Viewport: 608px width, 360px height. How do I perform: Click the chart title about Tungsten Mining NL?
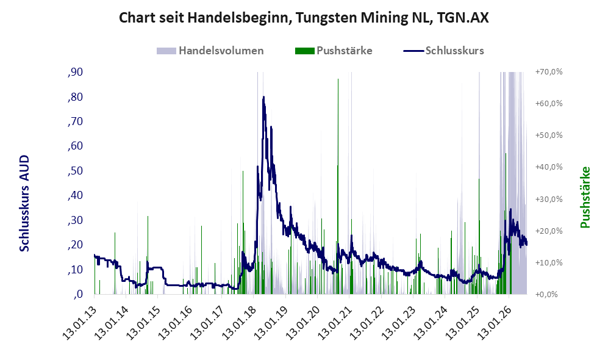[304, 18]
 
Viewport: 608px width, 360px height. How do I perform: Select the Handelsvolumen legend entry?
[210, 51]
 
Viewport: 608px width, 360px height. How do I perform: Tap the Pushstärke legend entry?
[334, 51]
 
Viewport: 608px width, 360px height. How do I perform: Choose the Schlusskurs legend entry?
[443, 51]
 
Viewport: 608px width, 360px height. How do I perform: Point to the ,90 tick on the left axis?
[75, 72]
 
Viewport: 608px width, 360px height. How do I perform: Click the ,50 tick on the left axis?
[75, 171]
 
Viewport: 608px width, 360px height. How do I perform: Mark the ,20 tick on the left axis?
[75, 245]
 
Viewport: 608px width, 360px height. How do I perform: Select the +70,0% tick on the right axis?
[549, 72]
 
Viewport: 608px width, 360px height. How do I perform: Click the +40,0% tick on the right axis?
[549, 167]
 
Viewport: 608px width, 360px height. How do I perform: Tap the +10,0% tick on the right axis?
[549, 262]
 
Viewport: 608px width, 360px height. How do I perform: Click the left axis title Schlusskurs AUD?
[24, 203]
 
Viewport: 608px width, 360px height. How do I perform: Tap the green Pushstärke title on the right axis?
[585, 198]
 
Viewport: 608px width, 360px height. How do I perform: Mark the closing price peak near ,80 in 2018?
[263, 97]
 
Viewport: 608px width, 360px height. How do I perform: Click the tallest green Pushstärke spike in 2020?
[338, 186]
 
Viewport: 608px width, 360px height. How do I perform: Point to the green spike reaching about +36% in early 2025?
[479, 236]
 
